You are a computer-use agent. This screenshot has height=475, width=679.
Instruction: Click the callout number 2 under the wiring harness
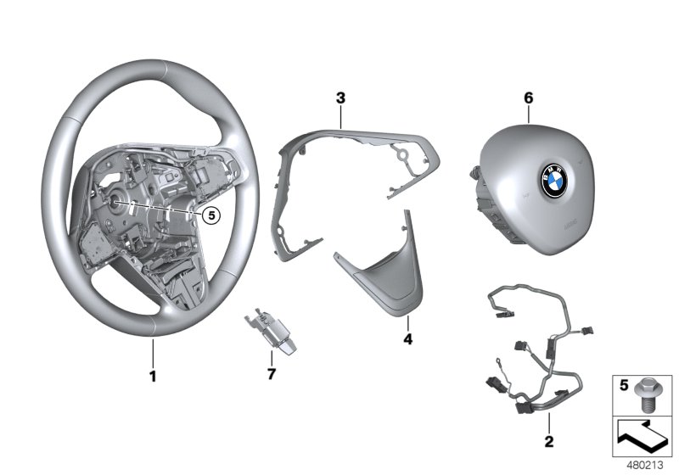click(549, 442)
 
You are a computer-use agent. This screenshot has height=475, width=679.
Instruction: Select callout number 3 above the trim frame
click(340, 98)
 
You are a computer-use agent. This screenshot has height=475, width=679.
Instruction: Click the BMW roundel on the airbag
click(550, 180)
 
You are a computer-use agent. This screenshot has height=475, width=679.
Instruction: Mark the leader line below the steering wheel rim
click(154, 352)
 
